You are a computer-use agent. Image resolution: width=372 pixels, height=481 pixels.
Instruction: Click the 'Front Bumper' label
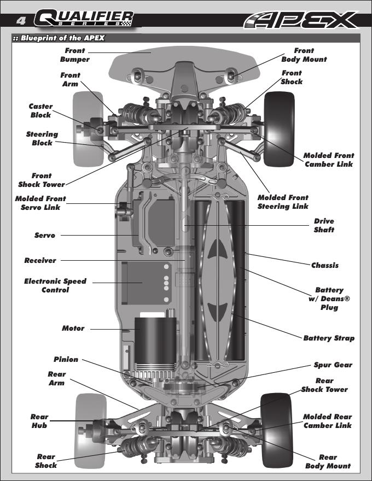click(74, 55)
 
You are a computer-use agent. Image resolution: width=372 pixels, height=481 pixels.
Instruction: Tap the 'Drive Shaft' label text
click(324, 225)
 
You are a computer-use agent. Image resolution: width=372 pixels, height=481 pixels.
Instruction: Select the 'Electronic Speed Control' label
click(55, 285)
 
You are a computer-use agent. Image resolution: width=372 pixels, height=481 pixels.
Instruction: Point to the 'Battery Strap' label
click(329, 338)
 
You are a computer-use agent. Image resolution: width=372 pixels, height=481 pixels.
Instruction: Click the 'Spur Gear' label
click(333, 365)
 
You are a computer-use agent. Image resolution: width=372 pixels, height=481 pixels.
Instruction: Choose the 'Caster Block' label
click(41, 110)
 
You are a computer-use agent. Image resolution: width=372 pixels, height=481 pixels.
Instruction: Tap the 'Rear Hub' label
click(39, 421)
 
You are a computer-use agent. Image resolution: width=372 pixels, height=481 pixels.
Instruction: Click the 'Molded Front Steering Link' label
click(283, 202)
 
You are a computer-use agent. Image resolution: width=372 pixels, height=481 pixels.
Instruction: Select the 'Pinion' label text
click(66, 359)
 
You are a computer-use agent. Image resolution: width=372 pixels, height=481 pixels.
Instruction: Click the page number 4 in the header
click(21, 21)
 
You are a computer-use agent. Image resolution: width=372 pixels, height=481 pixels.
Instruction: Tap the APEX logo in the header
click(301, 20)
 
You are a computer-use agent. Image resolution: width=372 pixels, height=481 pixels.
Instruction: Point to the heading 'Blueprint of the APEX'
click(59, 38)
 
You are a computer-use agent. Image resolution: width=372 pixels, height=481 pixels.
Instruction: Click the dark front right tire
click(280, 129)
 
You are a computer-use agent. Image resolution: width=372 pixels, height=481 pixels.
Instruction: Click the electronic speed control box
click(146, 283)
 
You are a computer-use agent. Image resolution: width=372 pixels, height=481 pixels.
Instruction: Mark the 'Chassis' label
click(325, 265)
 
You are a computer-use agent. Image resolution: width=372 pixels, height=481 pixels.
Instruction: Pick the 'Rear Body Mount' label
click(328, 461)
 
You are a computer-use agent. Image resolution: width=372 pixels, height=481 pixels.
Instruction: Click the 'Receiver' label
click(40, 260)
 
